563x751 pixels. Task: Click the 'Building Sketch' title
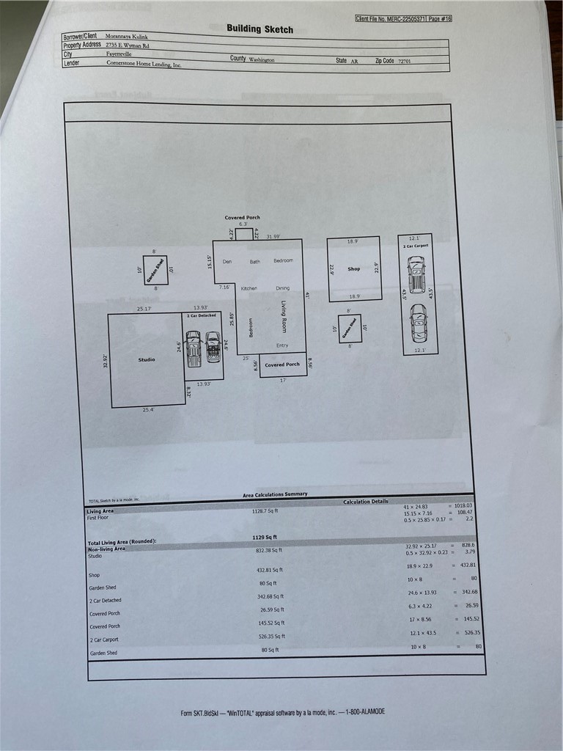tap(260, 29)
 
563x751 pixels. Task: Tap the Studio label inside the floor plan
tap(147, 359)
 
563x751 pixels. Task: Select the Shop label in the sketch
tap(353, 269)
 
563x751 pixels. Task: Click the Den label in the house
tap(227, 261)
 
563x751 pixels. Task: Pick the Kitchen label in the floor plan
tap(249, 288)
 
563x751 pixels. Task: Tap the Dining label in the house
tap(283, 288)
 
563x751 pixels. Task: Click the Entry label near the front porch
tap(282, 345)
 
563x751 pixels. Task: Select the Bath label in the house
tap(254, 261)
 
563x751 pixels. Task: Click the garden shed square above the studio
tap(155, 271)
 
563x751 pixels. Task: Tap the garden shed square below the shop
tap(350, 329)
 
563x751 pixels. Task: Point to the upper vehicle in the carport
tap(416, 275)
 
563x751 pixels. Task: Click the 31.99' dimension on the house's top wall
tap(273, 236)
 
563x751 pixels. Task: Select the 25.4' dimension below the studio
tap(148, 410)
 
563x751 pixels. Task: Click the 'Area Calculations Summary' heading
tap(275, 494)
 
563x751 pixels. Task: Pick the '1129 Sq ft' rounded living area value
tap(265, 538)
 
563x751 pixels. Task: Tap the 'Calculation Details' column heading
tap(365, 502)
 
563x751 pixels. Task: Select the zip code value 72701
tap(405, 62)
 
